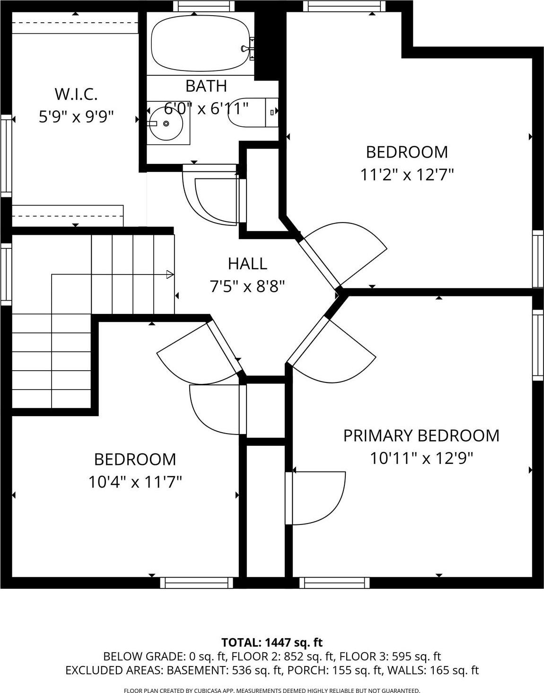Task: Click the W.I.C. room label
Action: (x=76, y=94)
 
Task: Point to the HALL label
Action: (x=247, y=263)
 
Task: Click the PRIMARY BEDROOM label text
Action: (x=421, y=435)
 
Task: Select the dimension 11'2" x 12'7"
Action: (x=407, y=175)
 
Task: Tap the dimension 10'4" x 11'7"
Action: (x=135, y=482)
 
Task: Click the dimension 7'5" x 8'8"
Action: (x=247, y=286)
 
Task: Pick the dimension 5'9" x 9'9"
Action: (x=76, y=116)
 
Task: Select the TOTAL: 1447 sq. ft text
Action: (x=272, y=642)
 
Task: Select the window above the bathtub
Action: (x=204, y=6)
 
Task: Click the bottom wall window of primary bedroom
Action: (x=334, y=583)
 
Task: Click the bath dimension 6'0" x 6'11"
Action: (x=206, y=108)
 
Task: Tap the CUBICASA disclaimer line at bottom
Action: (x=272, y=691)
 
